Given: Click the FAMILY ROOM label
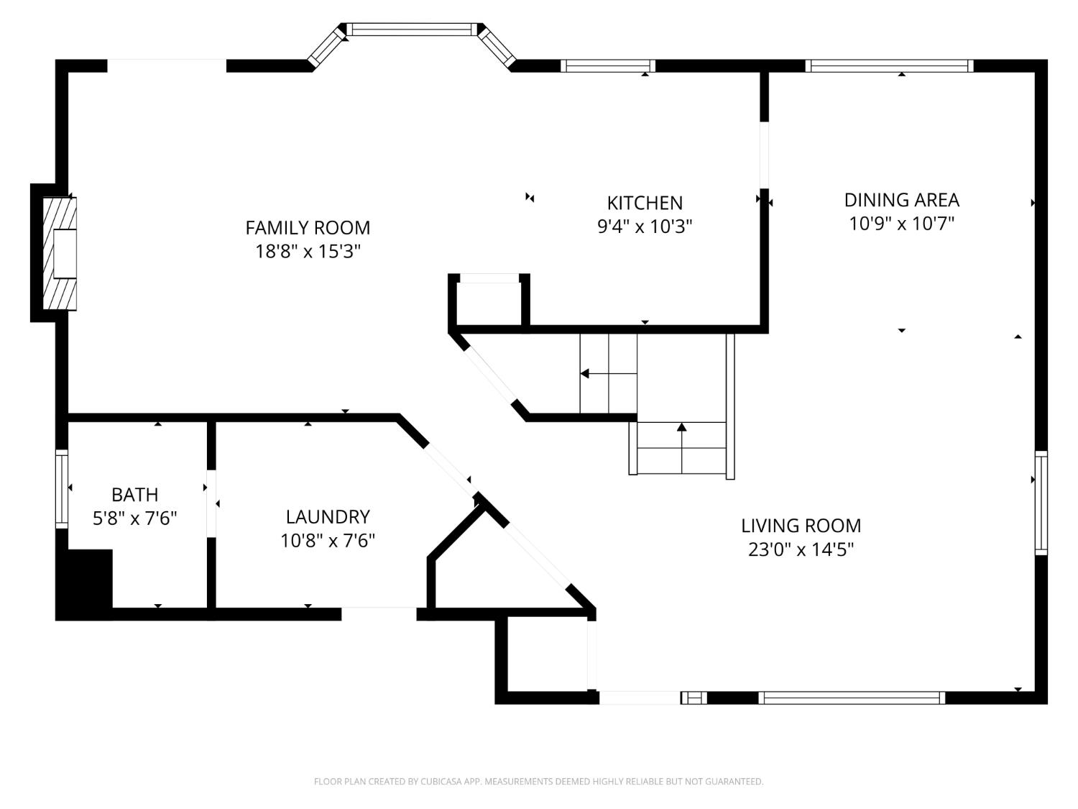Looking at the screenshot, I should point(308,228).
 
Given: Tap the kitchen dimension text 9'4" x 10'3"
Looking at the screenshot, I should point(645,227).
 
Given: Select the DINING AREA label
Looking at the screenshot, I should point(901,200).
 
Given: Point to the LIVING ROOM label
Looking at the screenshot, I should point(801,526).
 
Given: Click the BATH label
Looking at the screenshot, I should point(134,495).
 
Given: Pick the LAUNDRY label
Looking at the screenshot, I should point(328,516).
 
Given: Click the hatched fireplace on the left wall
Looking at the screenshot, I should point(59,253).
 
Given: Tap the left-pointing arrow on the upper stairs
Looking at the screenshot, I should point(585,374).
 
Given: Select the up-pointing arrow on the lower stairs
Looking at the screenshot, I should point(681,428).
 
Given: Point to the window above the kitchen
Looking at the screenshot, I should point(607,66).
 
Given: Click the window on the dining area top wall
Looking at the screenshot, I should point(889,66).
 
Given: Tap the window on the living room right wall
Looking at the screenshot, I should point(1041,502).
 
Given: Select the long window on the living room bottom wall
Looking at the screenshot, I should point(852,698).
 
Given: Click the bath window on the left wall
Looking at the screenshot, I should point(62,489).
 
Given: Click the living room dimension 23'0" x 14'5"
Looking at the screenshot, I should point(801,550).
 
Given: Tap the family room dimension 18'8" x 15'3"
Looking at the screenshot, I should point(308,252).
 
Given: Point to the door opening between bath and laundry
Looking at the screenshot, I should point(211,503).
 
